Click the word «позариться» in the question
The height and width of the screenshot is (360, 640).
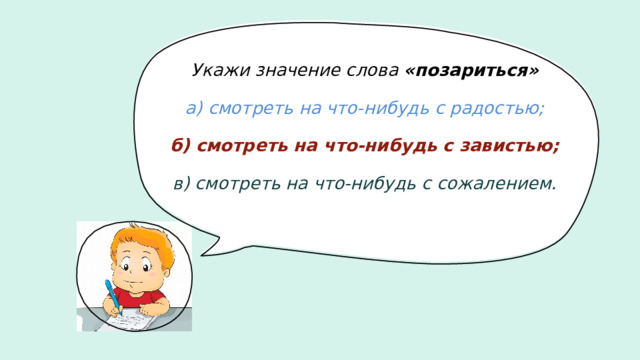click(472, 71)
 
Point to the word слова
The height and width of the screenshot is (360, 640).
click(374, 71)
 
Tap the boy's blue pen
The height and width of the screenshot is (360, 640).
click(112, 296)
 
